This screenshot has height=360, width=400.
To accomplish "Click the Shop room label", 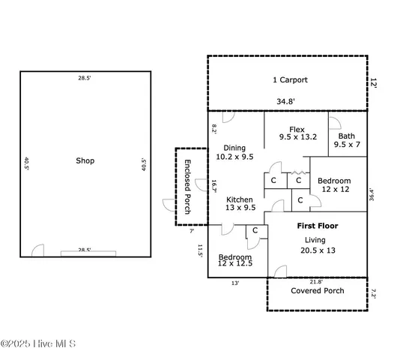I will tap(85, 160).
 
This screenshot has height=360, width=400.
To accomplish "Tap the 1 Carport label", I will tap(289, 79).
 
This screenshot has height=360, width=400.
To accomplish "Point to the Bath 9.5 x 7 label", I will tap(348, 139).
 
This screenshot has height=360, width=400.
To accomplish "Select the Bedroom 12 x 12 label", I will tap(334, 185).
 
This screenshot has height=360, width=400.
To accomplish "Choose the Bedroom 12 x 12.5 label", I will tap(235, 259).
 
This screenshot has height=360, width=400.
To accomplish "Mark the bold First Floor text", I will tap(317, 226).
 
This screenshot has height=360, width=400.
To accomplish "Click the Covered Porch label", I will tap(318, 290).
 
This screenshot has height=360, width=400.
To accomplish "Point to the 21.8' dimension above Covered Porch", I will tap(317, 282).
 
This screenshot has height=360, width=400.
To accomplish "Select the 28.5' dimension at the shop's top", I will tap(84, 77).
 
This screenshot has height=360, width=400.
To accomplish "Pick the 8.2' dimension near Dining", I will tap(213, 129).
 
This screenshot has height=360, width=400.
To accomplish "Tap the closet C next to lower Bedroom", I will tap(255, 230).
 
